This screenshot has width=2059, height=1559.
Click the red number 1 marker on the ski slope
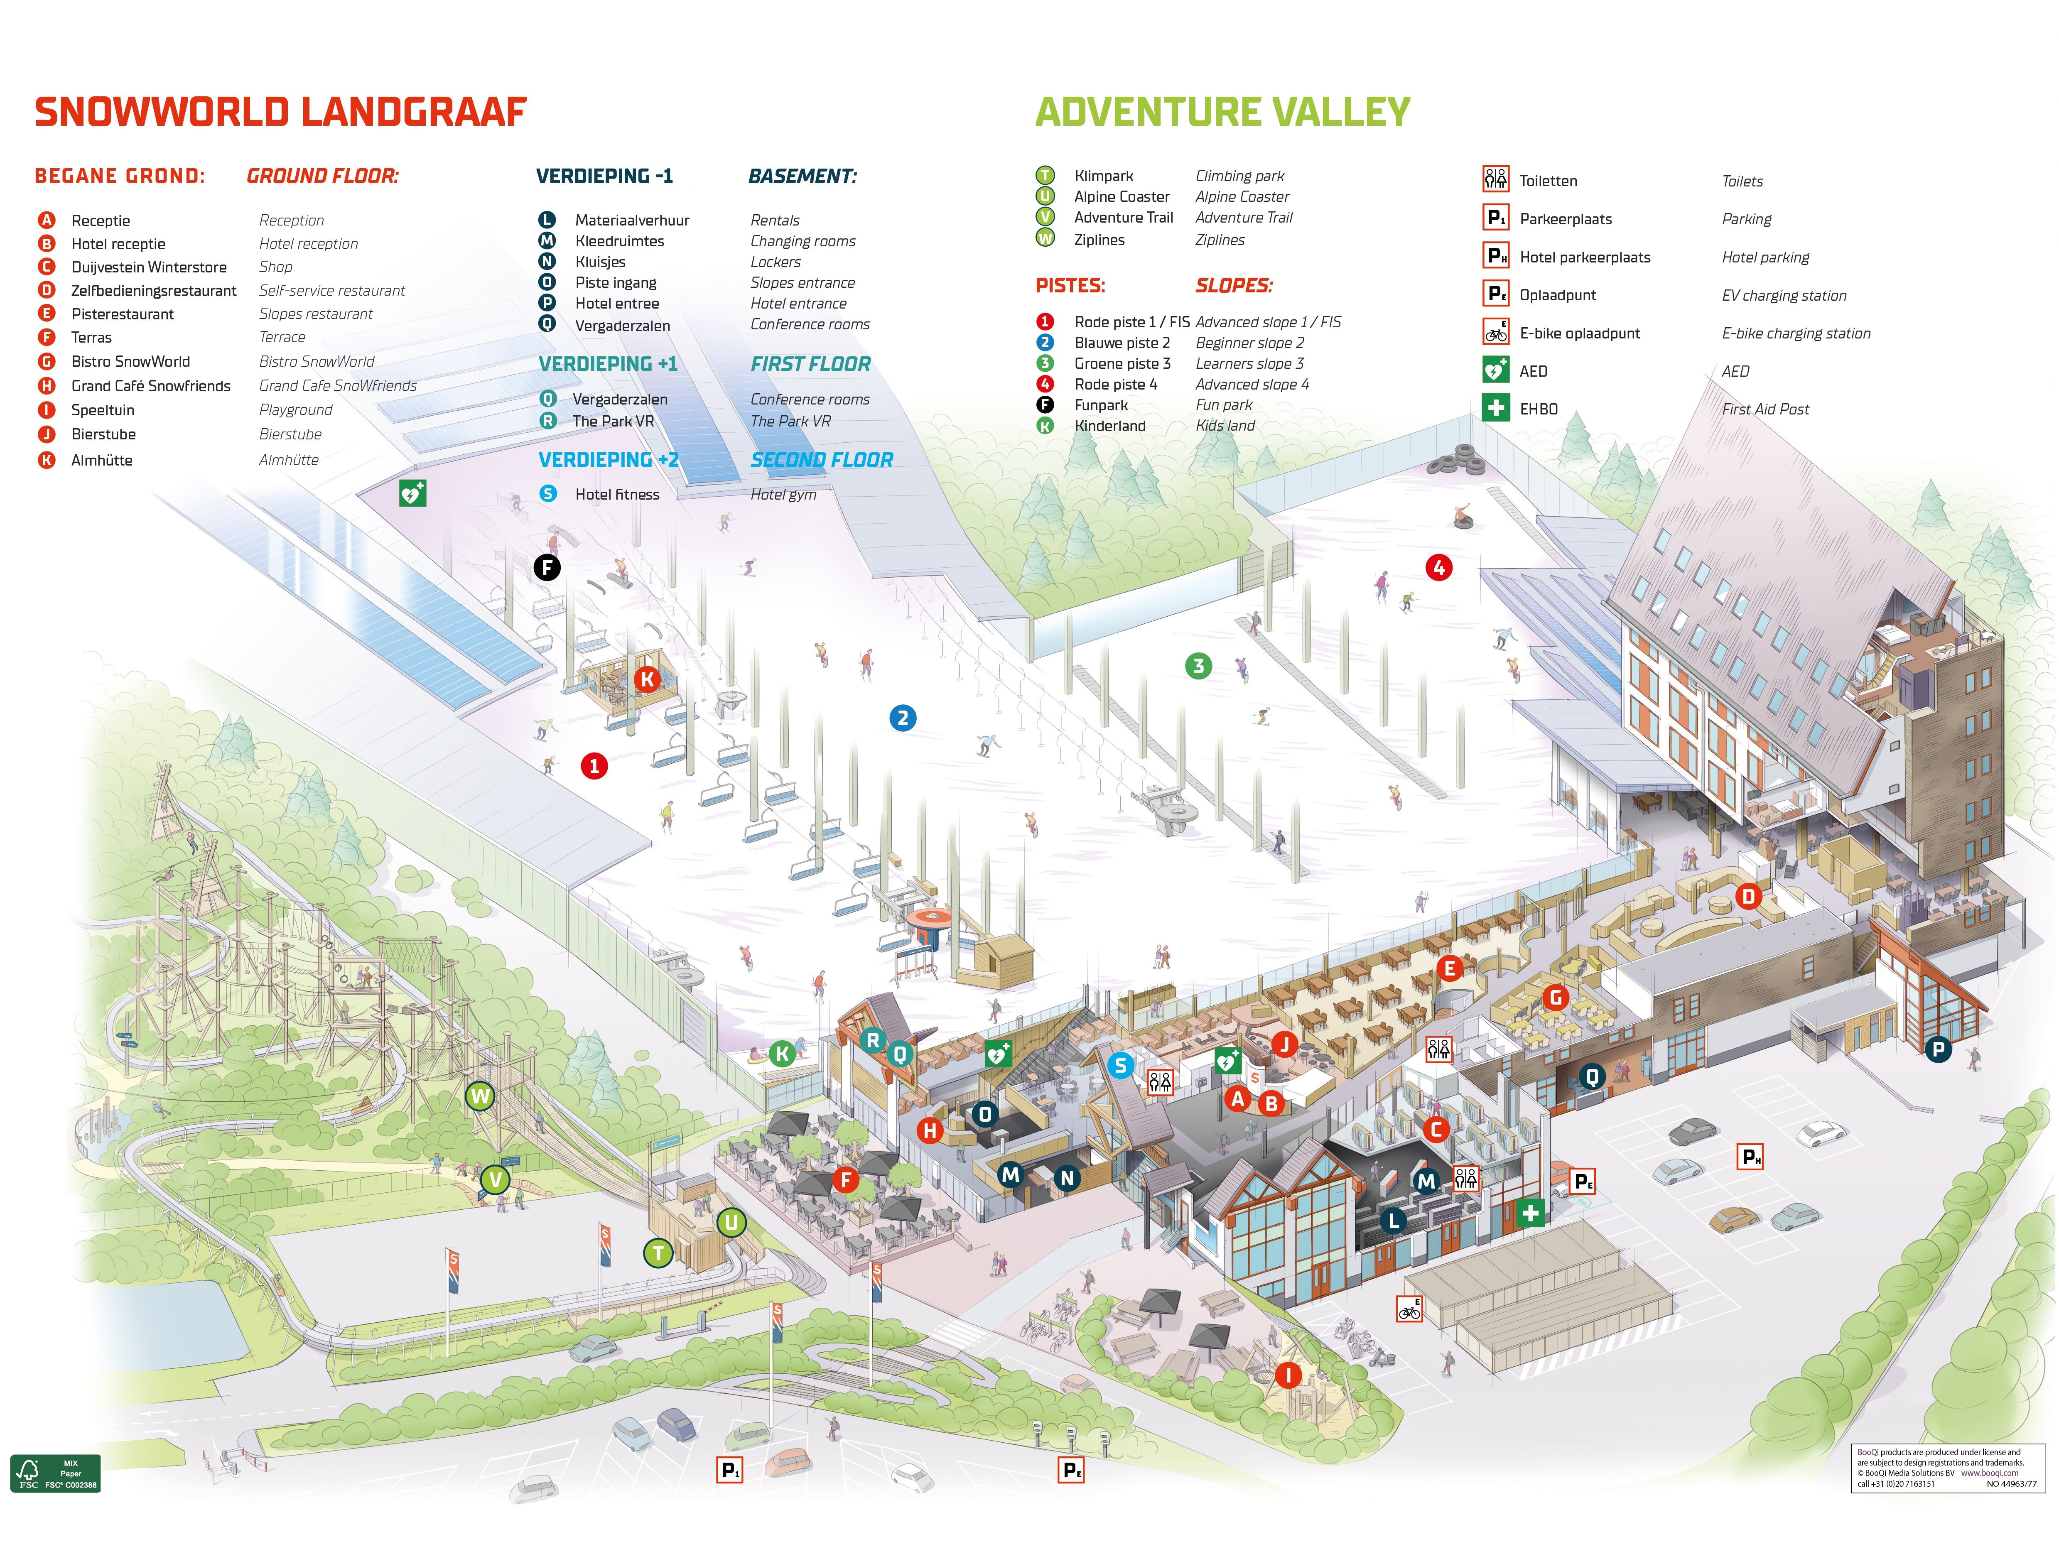[594, 766]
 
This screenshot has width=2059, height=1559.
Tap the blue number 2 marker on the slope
[902, 718]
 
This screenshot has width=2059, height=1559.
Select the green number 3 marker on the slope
[1198, 665]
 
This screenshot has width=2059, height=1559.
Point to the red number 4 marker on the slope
[1438, 568]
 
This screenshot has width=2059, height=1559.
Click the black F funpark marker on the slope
[546, 567]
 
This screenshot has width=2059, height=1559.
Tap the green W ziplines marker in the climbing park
[480, 1096]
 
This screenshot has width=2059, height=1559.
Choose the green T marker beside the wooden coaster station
[658, 1253]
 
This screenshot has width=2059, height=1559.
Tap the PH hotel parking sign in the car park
[1750, 1157]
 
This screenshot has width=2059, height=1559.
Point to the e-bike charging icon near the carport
[1409, 1309]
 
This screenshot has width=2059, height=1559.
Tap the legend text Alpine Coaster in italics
[1242, 196]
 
